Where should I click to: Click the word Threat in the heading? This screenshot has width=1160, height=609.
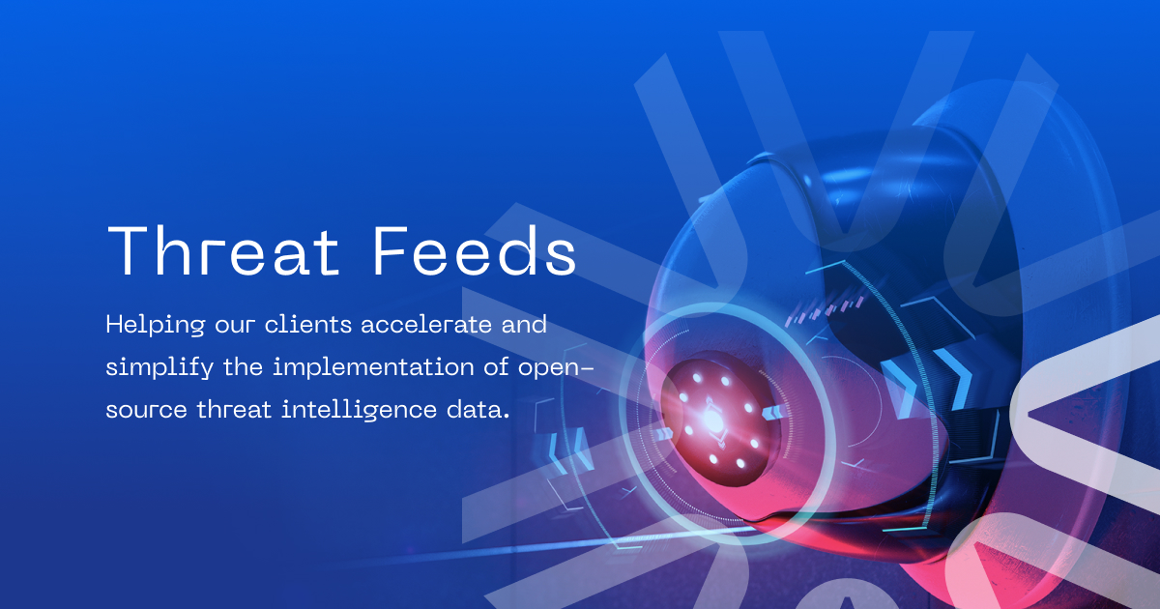(x=223, y=252)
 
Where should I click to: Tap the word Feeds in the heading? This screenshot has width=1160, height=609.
(x=475, y=252)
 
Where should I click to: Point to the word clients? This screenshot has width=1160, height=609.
(x=310, y=324)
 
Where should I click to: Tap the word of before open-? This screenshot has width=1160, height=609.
(x=499, y=367)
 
